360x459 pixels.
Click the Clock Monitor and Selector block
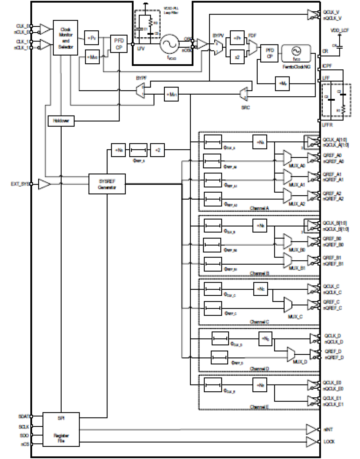coord(65,38)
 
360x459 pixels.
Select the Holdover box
coord(61,121)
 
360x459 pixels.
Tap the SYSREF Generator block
coord(107,184)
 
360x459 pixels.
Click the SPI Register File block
coord(61,429)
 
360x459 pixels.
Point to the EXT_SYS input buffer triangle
coord(44,184)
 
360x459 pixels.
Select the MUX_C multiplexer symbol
coord(288,305)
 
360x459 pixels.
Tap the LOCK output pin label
coord(329,442)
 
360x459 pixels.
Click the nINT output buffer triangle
coord(312,429)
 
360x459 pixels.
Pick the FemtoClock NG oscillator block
coord(296,53)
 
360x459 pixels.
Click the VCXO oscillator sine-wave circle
coord(169,44)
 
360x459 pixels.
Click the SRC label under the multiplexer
coord(246,107)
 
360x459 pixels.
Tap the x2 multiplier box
coord(237,57)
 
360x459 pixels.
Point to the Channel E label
coord(259,407)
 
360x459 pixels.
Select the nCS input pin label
coord(25,444)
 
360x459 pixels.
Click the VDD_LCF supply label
coord(340,30)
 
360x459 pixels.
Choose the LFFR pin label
coord(327,125)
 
